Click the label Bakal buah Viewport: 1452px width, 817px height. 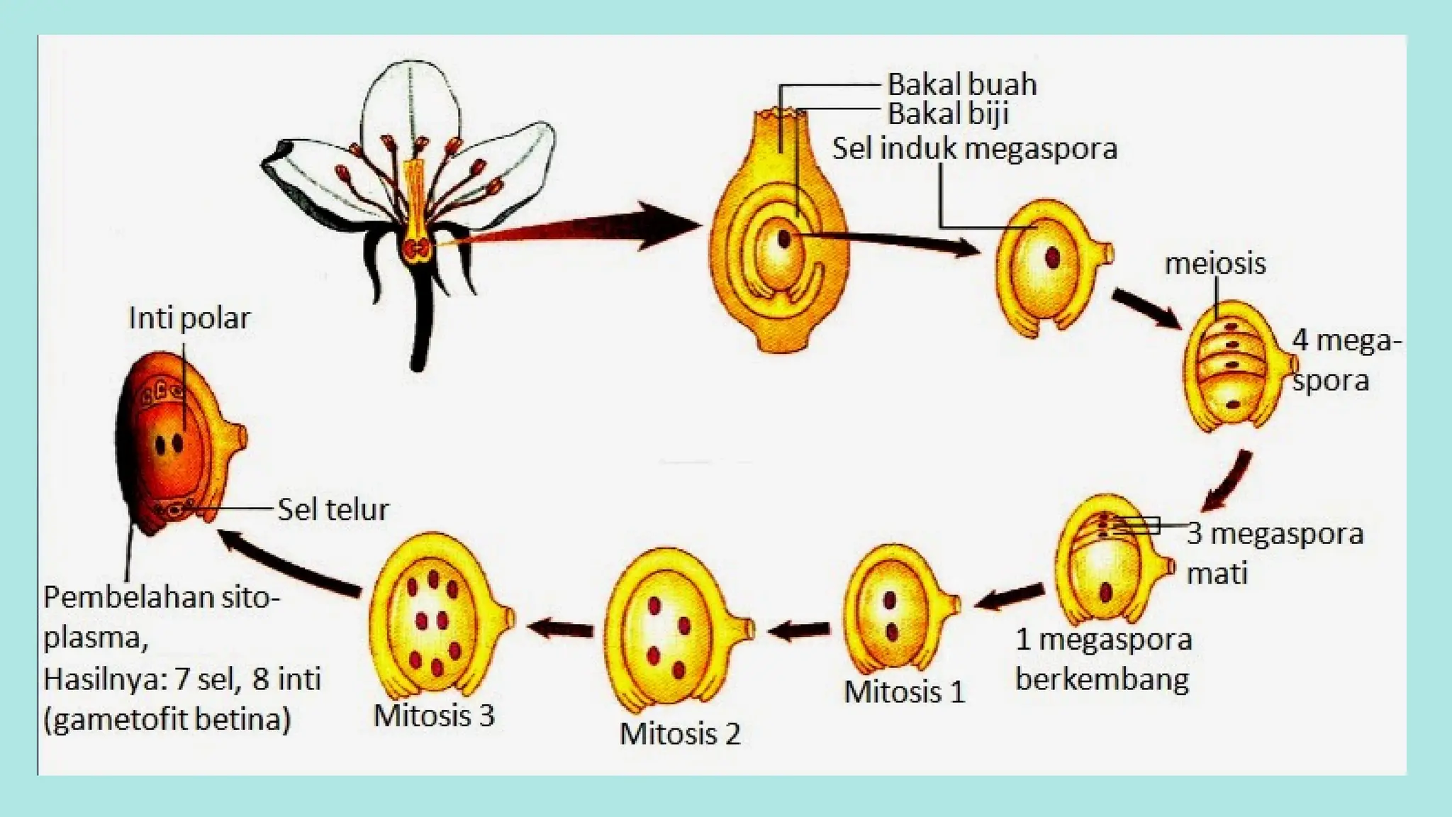[x=961, y=85]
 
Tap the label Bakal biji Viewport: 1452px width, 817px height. [x=948, y=114]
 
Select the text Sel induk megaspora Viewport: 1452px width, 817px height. [x=974, y=149]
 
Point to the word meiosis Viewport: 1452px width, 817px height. [x=1214, y=264]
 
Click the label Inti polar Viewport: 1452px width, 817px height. [x=189, y=318]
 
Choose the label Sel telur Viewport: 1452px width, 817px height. [x=333, y=509]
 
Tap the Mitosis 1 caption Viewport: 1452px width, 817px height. [x=905, y=692]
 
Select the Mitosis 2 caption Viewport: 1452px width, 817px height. [x=680, y=733]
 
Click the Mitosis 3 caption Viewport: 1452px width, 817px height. [x=433, y=716]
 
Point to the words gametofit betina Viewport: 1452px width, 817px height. [x=167, y=720]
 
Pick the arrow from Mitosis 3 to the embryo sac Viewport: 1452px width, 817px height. [x=291, y=563]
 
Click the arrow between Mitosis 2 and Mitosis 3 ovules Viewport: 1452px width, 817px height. [x=560, y=628]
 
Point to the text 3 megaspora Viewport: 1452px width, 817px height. [x=1275, y=533]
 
